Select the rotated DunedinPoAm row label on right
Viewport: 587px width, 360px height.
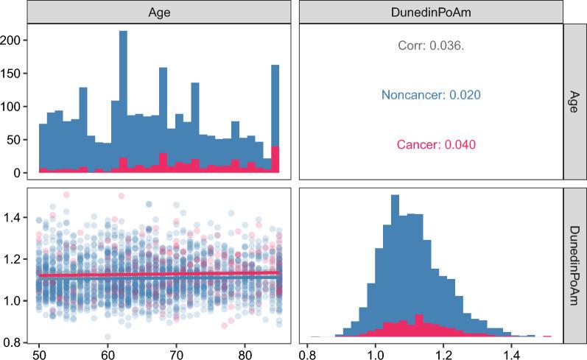coord(575,261)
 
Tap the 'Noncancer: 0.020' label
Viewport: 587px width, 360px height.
coord(429,95)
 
